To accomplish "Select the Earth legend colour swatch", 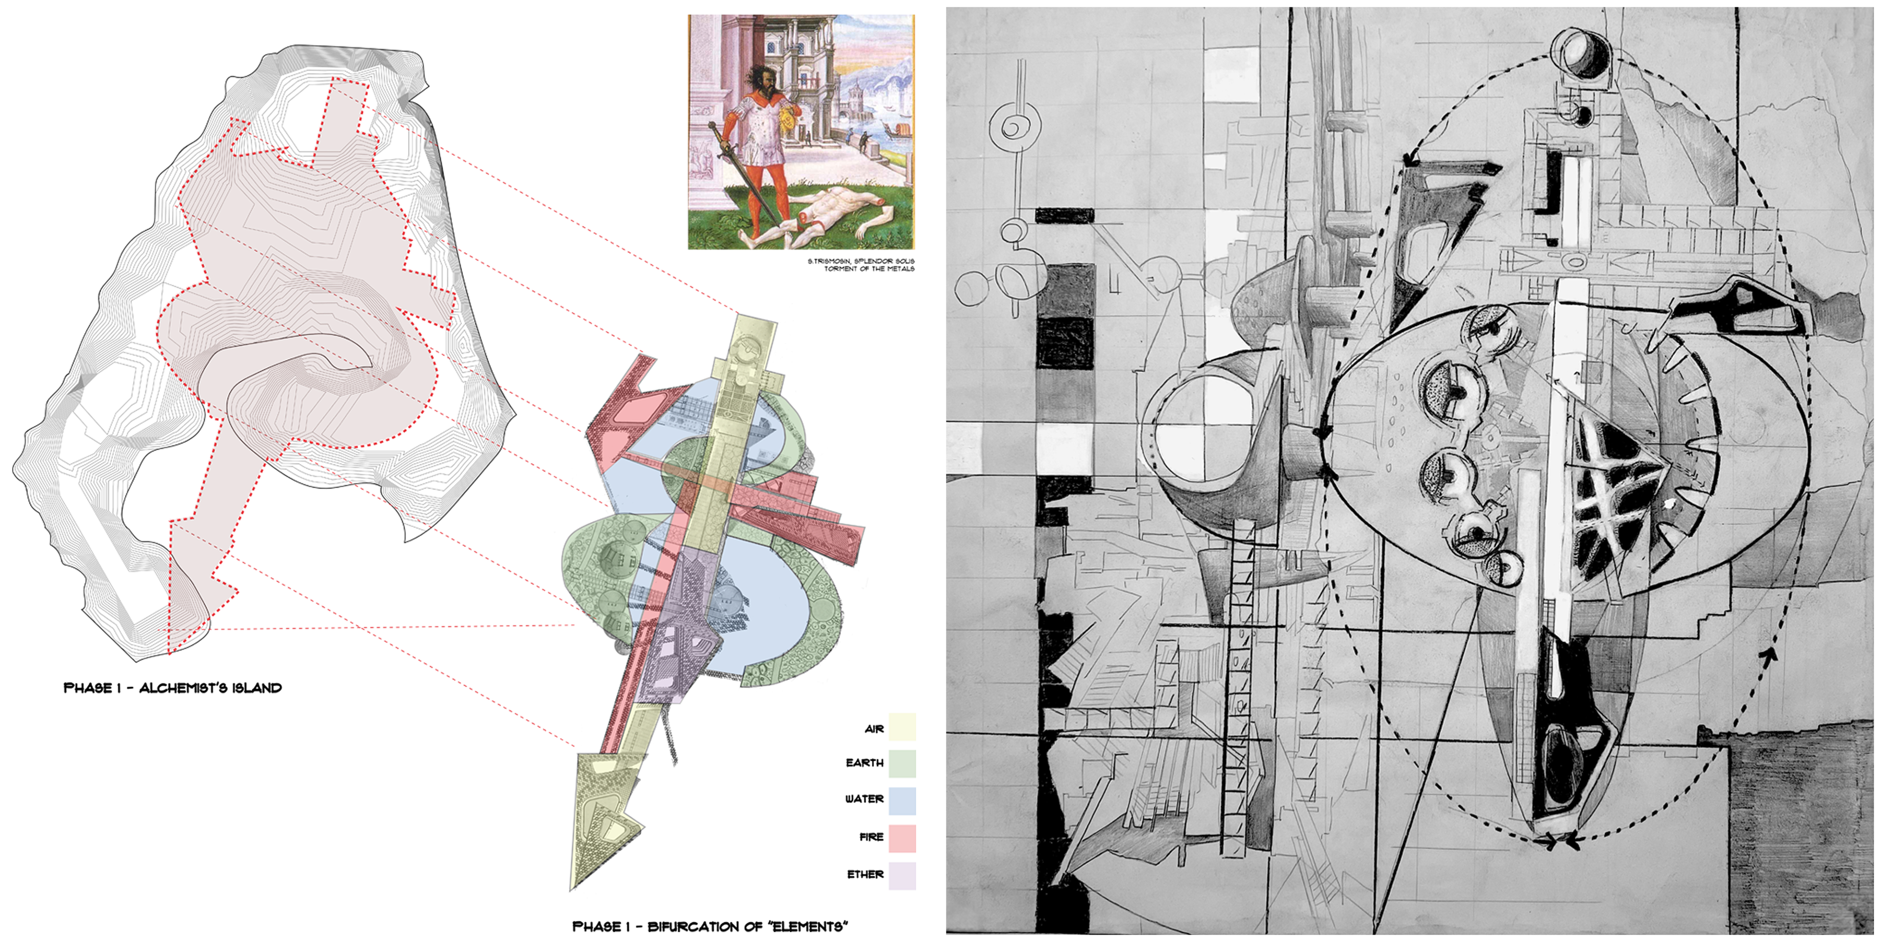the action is click(x=902, y=764).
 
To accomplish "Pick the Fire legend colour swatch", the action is click(x=902, y=838).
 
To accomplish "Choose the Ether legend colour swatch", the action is click(x=902, y=875).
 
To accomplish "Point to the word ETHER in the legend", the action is click(x=865, y=874).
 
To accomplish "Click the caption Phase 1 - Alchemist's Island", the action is click(x=172, y=688).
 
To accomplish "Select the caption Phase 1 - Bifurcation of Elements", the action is click(x=710, y=926).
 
